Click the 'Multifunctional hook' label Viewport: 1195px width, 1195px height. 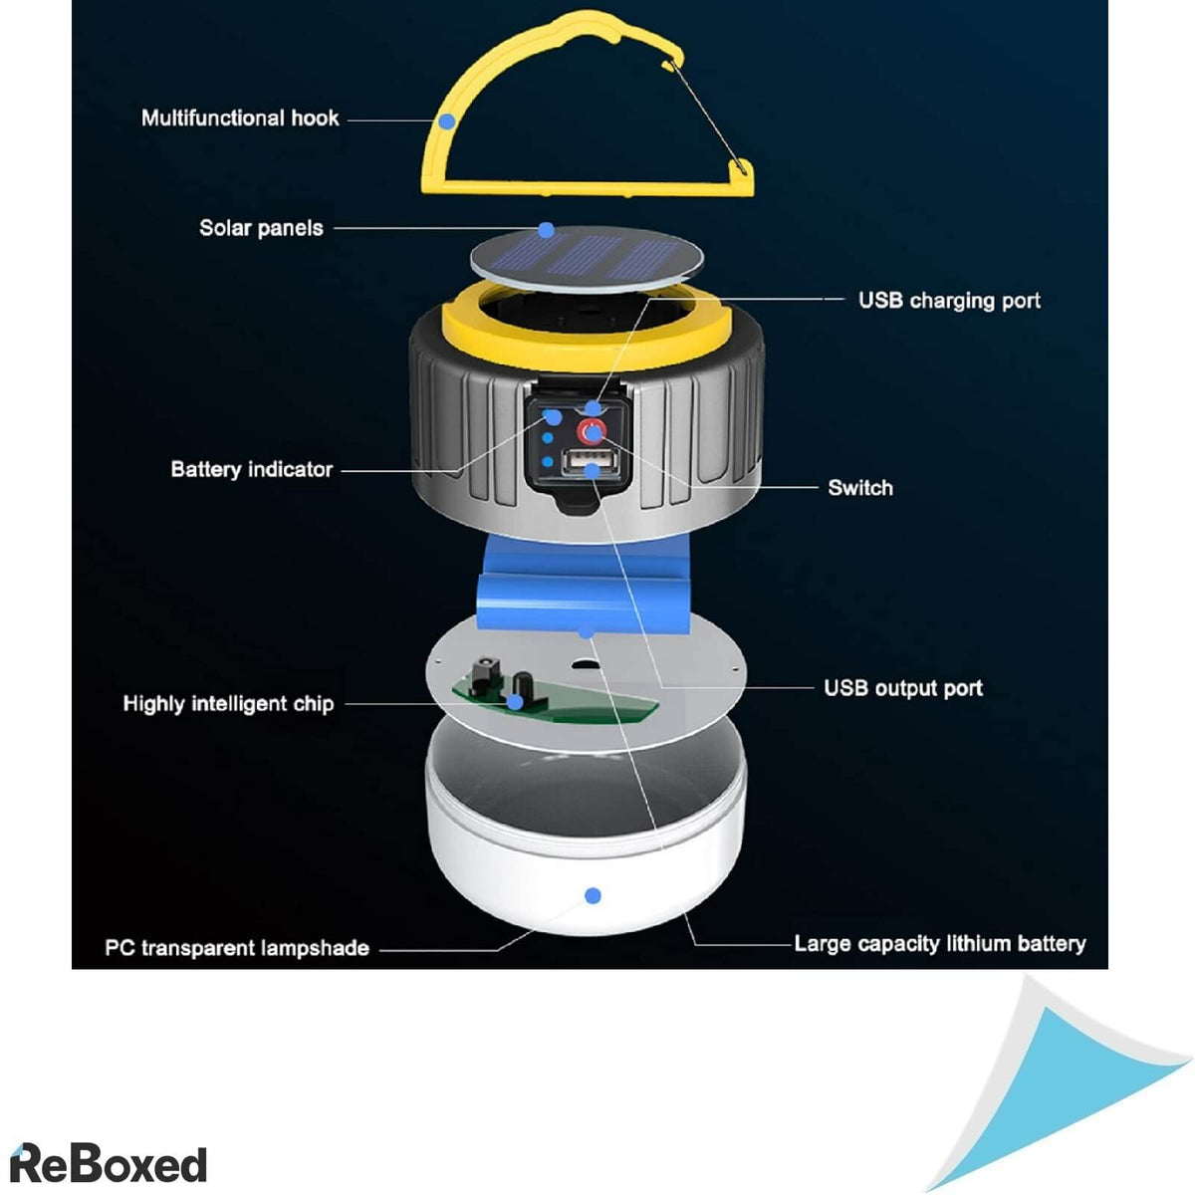point(240,119)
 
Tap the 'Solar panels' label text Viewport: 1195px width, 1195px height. point(261,228)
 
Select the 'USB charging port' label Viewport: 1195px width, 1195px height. point(949,301)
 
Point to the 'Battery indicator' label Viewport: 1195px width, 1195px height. point(251,469)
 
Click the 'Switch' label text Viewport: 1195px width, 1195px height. point(860,488)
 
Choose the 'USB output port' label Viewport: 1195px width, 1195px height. point(902,688)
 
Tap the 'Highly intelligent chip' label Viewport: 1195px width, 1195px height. point(228,704)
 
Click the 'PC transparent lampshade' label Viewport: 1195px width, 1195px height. point(237,948)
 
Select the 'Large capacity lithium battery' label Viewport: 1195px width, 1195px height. point(939,943)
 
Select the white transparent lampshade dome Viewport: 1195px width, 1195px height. point(588,846)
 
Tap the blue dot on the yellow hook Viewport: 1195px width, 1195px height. point(447,121)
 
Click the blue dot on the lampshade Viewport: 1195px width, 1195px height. point(593,896)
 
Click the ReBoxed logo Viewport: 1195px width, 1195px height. point(108,1164)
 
